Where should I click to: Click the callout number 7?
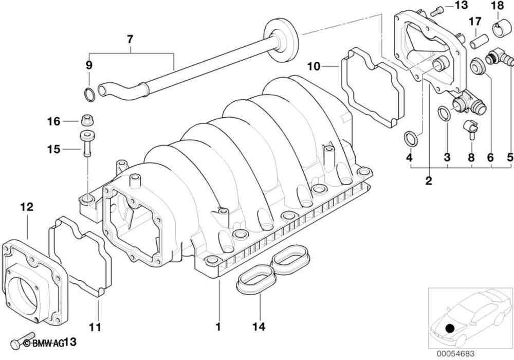pos(130,39)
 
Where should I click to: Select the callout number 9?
pos(89,65)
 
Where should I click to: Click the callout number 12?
pos(27,207)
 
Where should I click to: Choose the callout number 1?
pos(218,326)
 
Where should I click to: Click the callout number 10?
pos(314,66)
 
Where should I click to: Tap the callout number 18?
pos(498,6)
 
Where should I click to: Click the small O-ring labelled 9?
pos(88,94)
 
